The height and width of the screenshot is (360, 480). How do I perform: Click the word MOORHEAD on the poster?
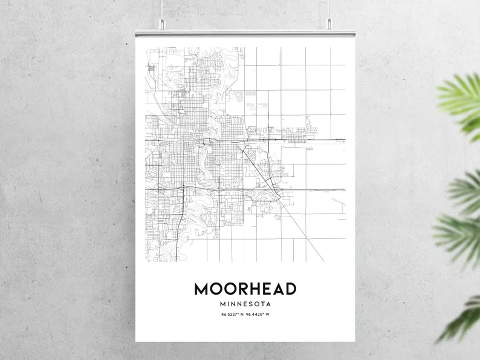[x=245, y=289]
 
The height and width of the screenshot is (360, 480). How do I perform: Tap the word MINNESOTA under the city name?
[x=245, y=304]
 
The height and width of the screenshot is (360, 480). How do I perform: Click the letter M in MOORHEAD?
[x=201, y=289]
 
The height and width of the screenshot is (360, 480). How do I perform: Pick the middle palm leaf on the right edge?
[x=459, y=224]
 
